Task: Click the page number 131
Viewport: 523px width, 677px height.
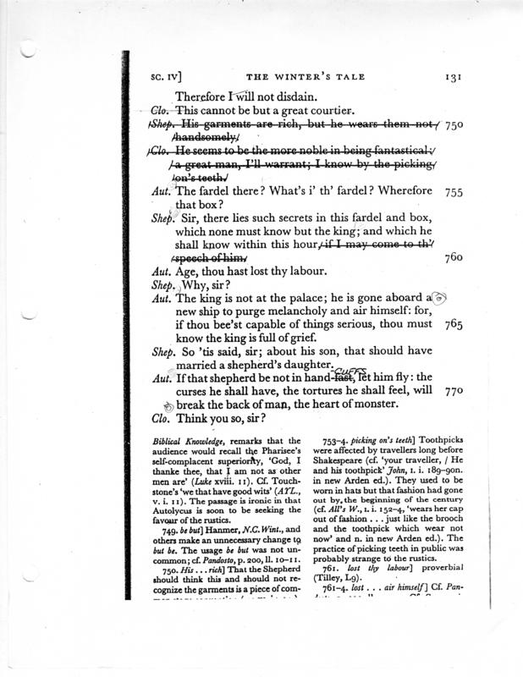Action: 449,76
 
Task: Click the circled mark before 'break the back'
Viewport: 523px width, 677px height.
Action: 168,407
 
